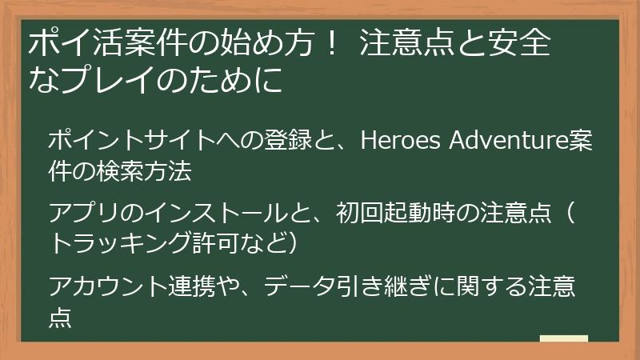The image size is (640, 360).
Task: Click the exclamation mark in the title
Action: click(x=324, y=43)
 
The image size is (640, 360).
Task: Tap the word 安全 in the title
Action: click(x=519, y=43)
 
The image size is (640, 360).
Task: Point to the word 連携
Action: click(x=196, y=286)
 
